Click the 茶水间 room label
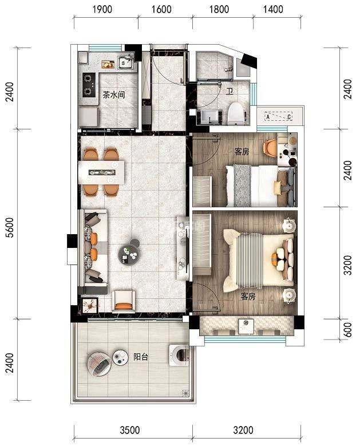pyautogui.click(x=114, y=94)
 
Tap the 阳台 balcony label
pyautogui.click(x=141, y=357)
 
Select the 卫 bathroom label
pyautogui.click(x=230, y=91)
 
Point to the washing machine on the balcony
pyautogui.click(x=179, y=355)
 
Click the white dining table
pyautogui.click(x=102, y=172)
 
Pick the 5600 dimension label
pyautogui.click(x=10, y=227)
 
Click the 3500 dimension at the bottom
pyautogui.click(x=130, y=430)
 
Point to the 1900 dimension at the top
pyautogui.click(x=102, y=9)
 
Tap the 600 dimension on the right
pyautogui.click(x=347, y=330)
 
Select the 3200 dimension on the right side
pyautogui.click(x=347, y=265)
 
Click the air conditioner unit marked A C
pyautogui.click(x=278, y=117)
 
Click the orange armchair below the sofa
pyautogui.click(x=124, y=301)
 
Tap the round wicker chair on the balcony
pyautogui.click(x=99, y=364)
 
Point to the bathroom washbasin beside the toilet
pyautogui.click(x=211, y=117)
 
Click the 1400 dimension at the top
pyautogui.click(x=273, y=9)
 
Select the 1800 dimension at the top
pyautogui.click(x=219, y=9)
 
